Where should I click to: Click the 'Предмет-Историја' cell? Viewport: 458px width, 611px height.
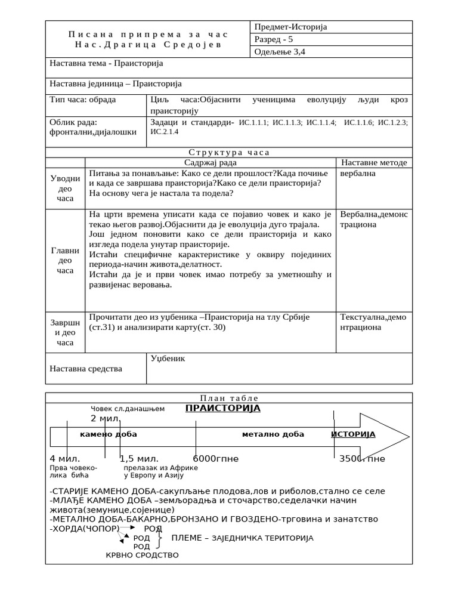(x=290, y=27)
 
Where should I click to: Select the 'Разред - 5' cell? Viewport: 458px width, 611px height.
(x=274, y=39)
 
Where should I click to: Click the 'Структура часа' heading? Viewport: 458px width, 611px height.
(x=229, y=152)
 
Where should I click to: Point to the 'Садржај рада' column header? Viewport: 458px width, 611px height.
(x=210, y=162)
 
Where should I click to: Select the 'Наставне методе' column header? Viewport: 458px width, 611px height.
(x=374, y=162)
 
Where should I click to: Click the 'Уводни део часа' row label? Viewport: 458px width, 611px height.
(x=65, y=188)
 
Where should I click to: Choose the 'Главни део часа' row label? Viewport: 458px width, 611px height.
(x=65, y=260)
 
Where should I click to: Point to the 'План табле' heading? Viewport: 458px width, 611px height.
(x=229, y=399)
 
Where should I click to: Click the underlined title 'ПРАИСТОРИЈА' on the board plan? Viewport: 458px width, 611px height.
(x=222, y=408)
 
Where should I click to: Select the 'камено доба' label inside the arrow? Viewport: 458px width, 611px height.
(x=108, y=434)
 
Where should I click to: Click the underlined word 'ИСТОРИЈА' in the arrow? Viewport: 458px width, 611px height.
(x=353, y=434)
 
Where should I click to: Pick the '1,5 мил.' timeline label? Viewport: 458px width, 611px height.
(x=139, y=459)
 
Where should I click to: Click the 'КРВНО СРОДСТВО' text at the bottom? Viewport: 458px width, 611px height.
(x=142, y=555)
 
